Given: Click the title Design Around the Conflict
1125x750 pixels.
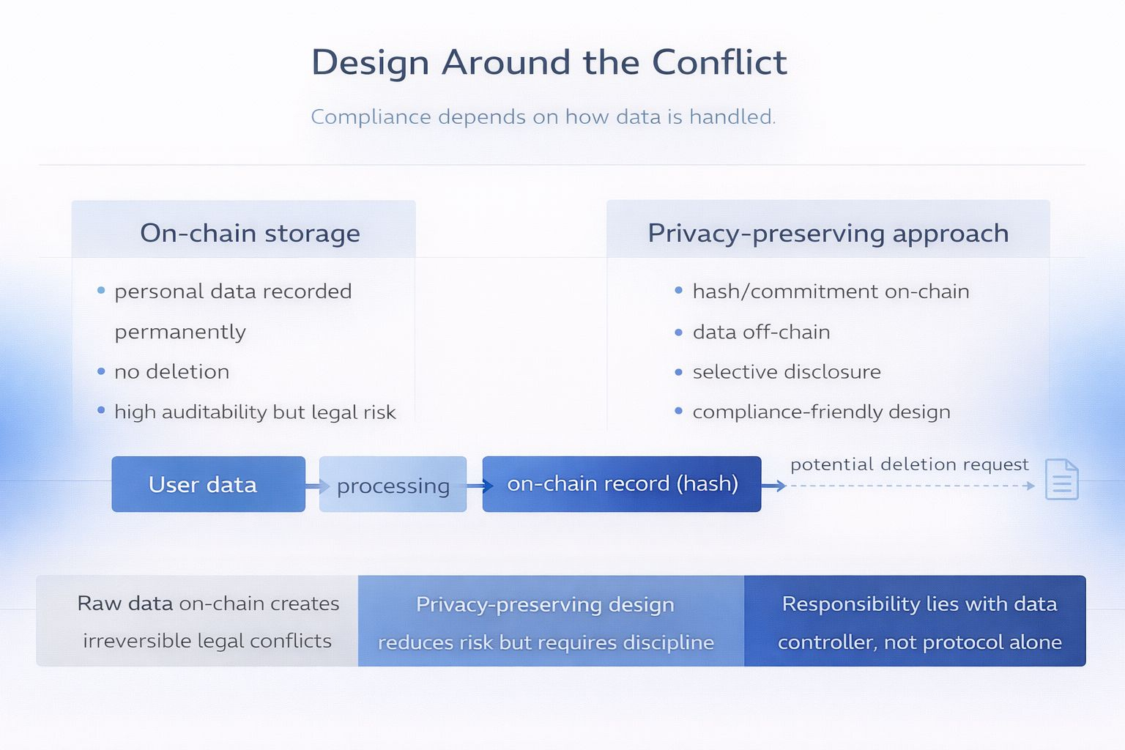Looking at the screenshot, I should pyautogui.click(x=549, y=62).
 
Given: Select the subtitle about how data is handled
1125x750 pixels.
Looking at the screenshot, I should pyautogui.click(x=543, y=116).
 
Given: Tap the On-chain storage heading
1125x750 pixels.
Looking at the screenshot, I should pyautogui.click(x=250, y=233).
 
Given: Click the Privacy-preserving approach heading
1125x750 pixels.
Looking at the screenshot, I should pyautogui.click(x=828, y=233).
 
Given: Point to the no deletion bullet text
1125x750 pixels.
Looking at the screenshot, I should pyautogui.click(x=171, y=372).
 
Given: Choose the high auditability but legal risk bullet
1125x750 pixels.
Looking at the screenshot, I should pyautogui.click(x=255, y=412).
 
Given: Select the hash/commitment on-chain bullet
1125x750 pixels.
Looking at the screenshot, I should pyautogui.click(x=831, y=292).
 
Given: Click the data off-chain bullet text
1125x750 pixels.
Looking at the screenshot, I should pyautogui.click(x=761, y=333).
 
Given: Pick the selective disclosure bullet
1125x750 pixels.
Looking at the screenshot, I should pyautogui.click(x=787, y=372).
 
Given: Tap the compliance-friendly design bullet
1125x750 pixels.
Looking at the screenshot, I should pyautogui.click(x=821, y=412).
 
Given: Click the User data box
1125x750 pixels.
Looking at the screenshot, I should pyautogui.click(x=208, y=484).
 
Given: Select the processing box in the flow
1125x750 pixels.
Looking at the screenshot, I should pyautogui.click(x=393, y=485).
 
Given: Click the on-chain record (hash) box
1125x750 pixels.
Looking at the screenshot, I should pyautogui.click(x=622, y=484).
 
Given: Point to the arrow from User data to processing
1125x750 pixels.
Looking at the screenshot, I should pyautogui.click(x=315, y=486).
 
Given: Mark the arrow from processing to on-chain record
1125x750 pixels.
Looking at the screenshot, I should pyautogui.click(x=478, y=486).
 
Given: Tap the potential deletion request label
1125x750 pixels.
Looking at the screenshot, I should pyautogui.click(x=909, y=464).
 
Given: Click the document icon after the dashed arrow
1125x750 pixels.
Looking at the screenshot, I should pyautogui.click(x=1061, y=480).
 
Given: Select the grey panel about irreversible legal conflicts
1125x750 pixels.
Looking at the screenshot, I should pyautogui.click(x=198, y=621).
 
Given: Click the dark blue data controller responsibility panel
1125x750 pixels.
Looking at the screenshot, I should pyautogui.click(x=915, y=621).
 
